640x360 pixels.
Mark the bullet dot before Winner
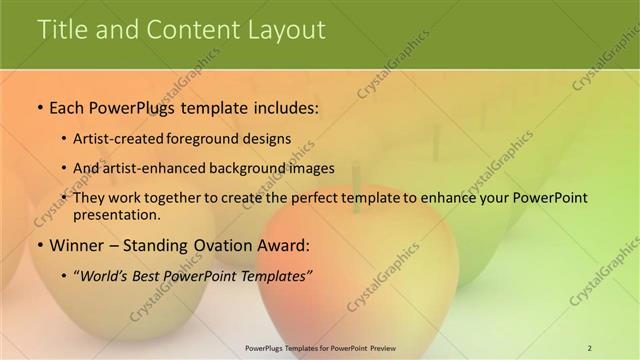[x=39, y=245]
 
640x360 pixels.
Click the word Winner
[x=76, y=245]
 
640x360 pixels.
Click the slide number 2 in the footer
[x=589, y=348]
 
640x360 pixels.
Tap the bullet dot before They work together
[x=65, y=198]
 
